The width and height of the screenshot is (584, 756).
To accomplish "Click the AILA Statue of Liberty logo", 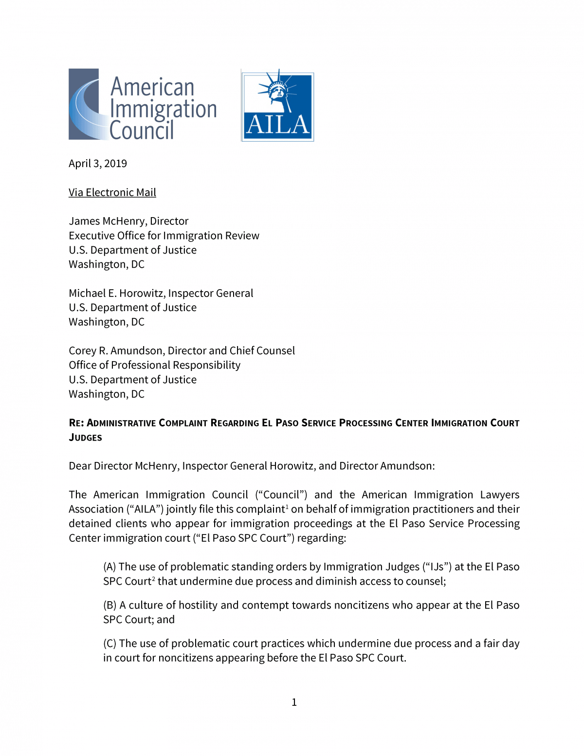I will pyautogui.click(x=277, y=106).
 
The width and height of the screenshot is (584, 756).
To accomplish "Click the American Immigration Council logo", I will pyautogui.click(x=143, y=105).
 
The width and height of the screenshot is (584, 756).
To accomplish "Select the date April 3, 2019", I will pyautogui.click(x=98, y=164).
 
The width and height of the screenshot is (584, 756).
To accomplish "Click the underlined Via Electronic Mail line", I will pyautogui.click(x=112, y=193).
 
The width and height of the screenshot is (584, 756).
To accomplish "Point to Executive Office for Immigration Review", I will pyautogui.click(x=164, y=236).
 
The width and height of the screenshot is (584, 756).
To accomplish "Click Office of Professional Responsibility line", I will pyautogui.click(x=155, y=366).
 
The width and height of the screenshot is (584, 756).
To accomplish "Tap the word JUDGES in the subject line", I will pyautogui.click(x=86, y=438).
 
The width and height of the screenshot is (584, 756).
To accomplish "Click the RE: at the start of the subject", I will pyautogui.click(x=76, y=423).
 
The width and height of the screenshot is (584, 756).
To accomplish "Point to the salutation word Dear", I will pyautogui.click(x=80, y=466).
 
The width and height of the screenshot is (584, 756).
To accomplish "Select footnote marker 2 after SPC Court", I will pyautogui.click(x=154, y=579).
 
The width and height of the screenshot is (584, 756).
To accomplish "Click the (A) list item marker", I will pyautogui.click(x=109, y=567).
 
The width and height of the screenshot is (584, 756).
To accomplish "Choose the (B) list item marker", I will pyautogui.click(x=109, y=606).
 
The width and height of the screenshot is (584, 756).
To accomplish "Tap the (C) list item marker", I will pyautogui.click(x=109, y=644).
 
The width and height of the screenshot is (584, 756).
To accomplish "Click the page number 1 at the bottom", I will pyautogui.click(x=294, y=702).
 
